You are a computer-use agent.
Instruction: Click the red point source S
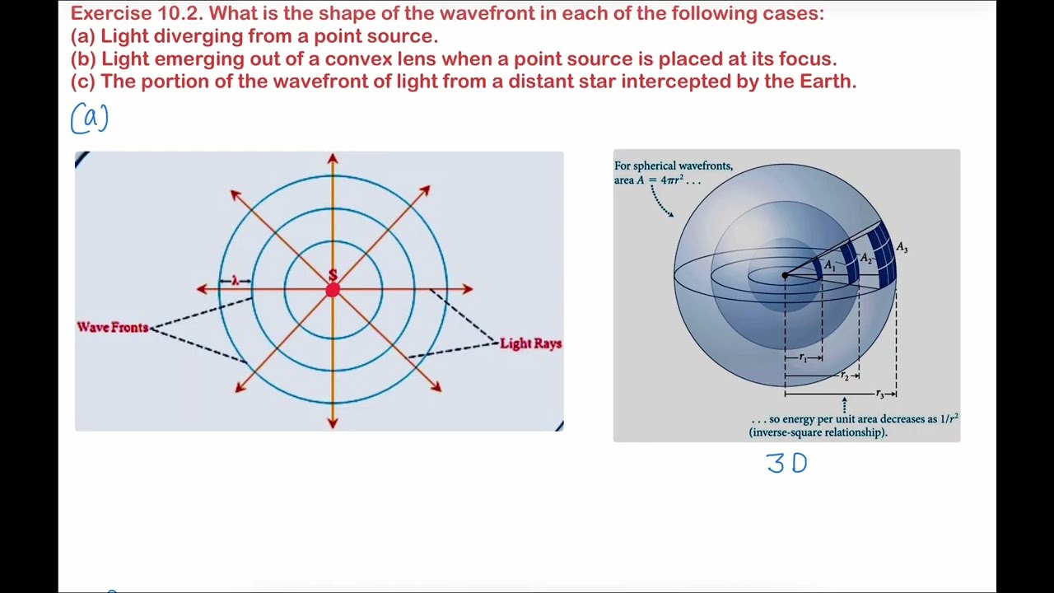333,289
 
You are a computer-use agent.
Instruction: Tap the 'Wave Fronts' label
113,328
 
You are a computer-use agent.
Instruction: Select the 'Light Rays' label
530,343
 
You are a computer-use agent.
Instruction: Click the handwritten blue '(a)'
90,119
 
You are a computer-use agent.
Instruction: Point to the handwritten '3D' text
786,464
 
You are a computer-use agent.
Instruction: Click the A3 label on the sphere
902,248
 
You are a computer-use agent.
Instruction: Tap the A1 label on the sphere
830,266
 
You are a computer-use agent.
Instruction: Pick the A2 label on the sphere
865,259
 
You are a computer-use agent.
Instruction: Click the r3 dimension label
879,395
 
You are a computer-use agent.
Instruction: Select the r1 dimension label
804,358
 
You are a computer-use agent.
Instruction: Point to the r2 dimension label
844,376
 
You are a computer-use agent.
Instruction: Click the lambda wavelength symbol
235,281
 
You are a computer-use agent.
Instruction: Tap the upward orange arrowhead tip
333,157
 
